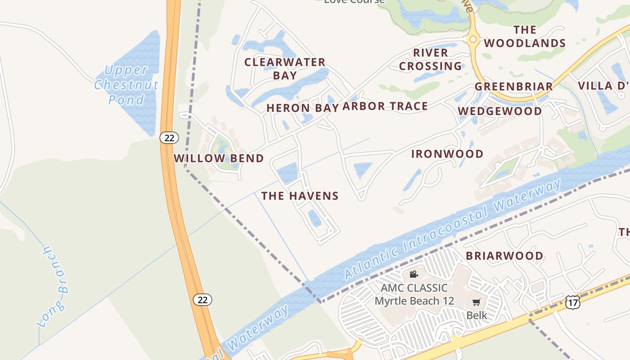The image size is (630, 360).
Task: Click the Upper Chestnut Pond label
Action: (126, 85)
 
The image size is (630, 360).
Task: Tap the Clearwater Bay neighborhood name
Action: (284, 68)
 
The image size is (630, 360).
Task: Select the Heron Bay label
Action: (296, 108)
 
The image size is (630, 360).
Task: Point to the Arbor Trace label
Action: (385, 106)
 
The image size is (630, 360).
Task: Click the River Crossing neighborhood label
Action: (430, 59)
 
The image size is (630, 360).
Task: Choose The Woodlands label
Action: (525, 36)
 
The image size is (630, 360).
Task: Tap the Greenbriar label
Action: (514, 86)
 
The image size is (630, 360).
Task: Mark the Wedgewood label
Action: (500, 111)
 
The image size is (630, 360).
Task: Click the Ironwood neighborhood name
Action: (447, 154)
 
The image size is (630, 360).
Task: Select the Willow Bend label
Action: (219, 158)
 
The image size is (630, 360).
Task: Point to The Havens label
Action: (300, 196)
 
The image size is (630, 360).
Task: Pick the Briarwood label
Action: (504, 256)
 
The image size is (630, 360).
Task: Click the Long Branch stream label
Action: (53, 287)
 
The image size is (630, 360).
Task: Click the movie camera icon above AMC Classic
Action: (414, 274)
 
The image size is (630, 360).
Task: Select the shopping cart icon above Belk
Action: (477, 302)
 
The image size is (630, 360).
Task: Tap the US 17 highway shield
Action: (573, 302)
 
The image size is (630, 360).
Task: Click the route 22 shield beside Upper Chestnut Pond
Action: (169, 138)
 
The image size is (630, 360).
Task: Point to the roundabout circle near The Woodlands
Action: (472, 40)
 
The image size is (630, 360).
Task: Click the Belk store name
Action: (477, 315)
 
